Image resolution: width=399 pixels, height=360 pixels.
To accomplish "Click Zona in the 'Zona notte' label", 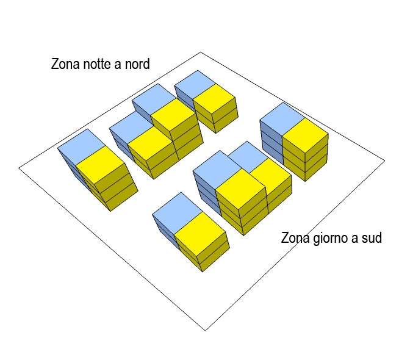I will pyautogui.click(x=65, y=64).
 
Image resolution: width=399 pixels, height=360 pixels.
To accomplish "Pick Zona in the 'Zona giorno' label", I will pyautogui.click(x=295, y=238).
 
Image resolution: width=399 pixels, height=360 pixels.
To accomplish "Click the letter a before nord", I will pyautogui.click(x=118, y=64).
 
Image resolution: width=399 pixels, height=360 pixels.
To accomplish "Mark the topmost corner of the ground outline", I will pyautogui.click(x=201, y=52).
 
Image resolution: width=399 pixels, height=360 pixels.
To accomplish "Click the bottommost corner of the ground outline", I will pyautogui.click(x=205, y=331).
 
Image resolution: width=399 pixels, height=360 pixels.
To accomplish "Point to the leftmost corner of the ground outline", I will pyautogui.click(x=19, y=167).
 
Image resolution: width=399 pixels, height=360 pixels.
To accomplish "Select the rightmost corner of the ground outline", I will pyautogui.click(x=385, y=161).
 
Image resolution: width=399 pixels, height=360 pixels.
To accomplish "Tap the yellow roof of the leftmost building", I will pyautogui.click(x=101, y=164).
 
